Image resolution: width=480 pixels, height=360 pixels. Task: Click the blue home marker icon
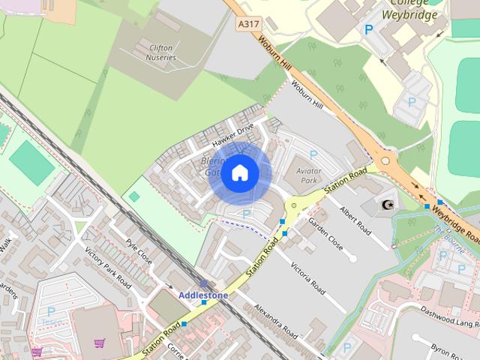pyautogui.click(x=238, y=173)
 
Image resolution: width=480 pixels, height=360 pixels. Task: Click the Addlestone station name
pyautogui.click(x=202, y=295)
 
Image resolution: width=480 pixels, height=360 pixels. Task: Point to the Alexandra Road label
pyautogui.click(x=276, y=321)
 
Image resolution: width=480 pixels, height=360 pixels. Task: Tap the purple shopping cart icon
pyautogui.click(x=99, y=343)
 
